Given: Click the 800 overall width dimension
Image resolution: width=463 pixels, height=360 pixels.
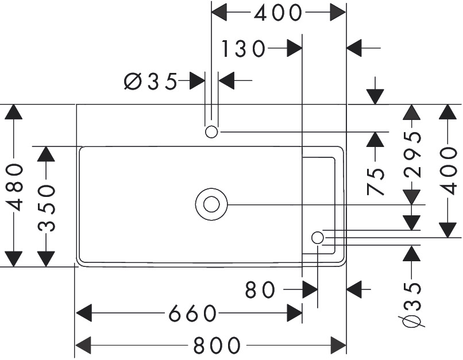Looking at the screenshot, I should click(x=217, y=345).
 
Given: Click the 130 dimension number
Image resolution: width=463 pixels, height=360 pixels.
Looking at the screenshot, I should click(x=243, y=50).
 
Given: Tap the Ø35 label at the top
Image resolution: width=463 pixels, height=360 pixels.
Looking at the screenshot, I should click(x=151, y=82).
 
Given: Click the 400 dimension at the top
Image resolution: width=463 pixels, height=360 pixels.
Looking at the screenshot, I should click(x=278, y=13).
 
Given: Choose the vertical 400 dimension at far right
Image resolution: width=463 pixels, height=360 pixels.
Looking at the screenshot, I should click(x=449, y=171).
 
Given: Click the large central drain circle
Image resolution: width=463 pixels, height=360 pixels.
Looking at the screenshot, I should click(x=211, y=204).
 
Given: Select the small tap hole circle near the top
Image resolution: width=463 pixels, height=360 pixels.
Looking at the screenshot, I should click(x=211, y=132).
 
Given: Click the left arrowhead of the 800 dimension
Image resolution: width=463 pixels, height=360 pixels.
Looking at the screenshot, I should click(x=84, y=345).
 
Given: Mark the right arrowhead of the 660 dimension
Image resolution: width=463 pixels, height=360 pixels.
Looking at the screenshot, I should click(x=295, y=314).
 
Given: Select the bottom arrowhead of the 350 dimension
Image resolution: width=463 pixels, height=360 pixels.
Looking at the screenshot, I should click(x=46, y=259).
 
